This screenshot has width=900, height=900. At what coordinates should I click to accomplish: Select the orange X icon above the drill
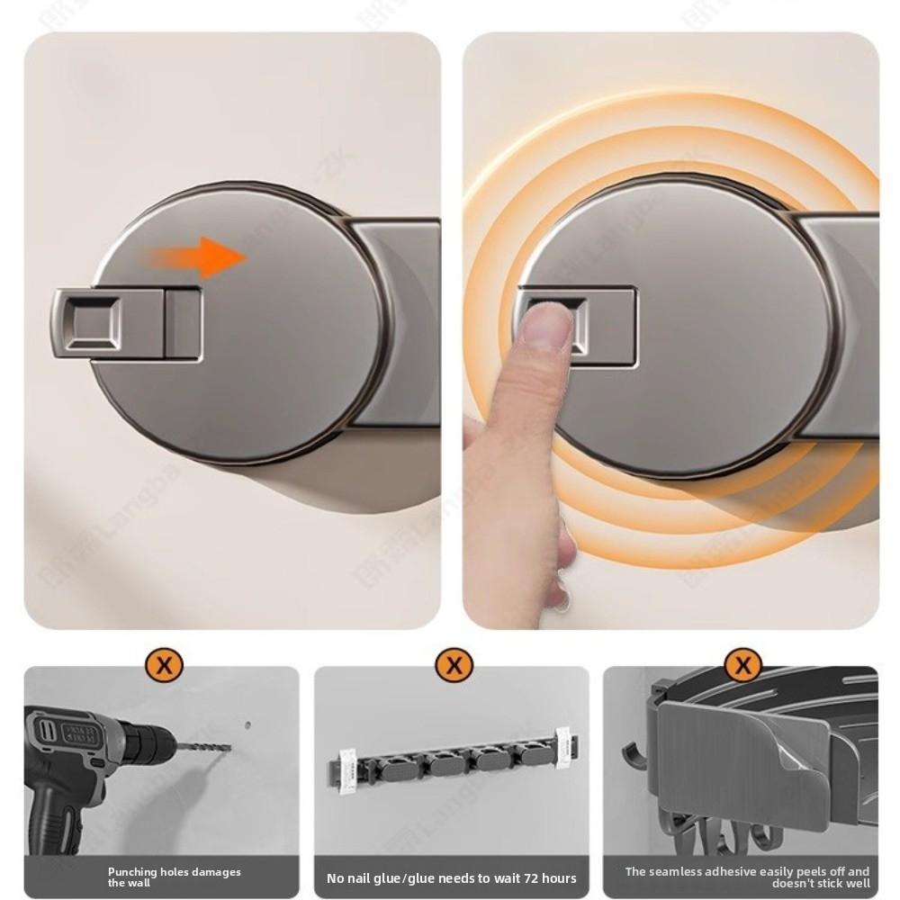point(163,666)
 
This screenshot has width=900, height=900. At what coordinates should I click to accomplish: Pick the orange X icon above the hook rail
point(453,666)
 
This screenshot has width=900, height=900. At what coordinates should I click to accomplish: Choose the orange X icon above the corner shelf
point(742,666)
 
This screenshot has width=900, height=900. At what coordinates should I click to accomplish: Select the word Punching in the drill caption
point(133,872)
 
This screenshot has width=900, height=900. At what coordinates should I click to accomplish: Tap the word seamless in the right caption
point(679,871)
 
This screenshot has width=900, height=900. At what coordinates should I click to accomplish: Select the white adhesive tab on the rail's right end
point(563,748)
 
